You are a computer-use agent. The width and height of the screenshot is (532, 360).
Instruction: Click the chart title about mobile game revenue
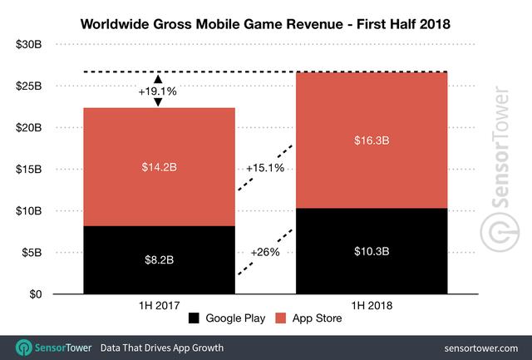coord(266,24)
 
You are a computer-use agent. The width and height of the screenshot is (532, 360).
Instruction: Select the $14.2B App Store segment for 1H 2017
coord(157,166)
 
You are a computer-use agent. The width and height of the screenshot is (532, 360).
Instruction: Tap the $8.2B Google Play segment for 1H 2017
coord(157,260)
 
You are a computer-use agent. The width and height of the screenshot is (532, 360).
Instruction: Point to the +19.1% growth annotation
coord(157,92)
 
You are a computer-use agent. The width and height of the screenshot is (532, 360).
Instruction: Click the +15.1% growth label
coord(265,169)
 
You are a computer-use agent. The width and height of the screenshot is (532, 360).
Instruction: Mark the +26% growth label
coord(266,251)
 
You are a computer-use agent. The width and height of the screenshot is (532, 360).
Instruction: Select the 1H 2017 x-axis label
coord(157,307)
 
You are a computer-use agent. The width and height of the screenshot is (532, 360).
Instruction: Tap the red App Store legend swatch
coord(282,318)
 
